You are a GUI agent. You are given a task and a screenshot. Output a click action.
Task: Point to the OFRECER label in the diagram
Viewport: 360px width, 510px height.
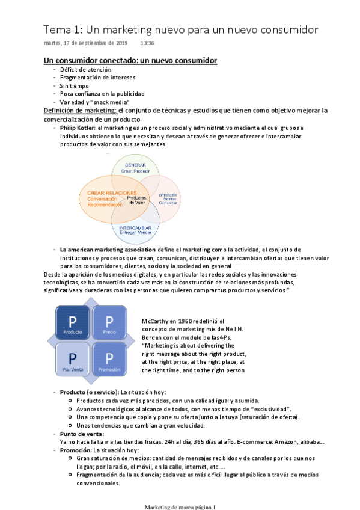168,196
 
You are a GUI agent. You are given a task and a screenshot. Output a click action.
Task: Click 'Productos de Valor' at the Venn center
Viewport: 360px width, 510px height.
137,200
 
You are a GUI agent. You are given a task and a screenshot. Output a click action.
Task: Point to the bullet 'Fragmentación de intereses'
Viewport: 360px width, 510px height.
97,78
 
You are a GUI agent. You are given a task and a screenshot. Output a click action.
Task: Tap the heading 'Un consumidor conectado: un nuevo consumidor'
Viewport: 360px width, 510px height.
130,61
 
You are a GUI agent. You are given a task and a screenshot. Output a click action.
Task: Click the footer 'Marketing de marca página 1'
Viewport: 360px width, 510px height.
180,506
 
